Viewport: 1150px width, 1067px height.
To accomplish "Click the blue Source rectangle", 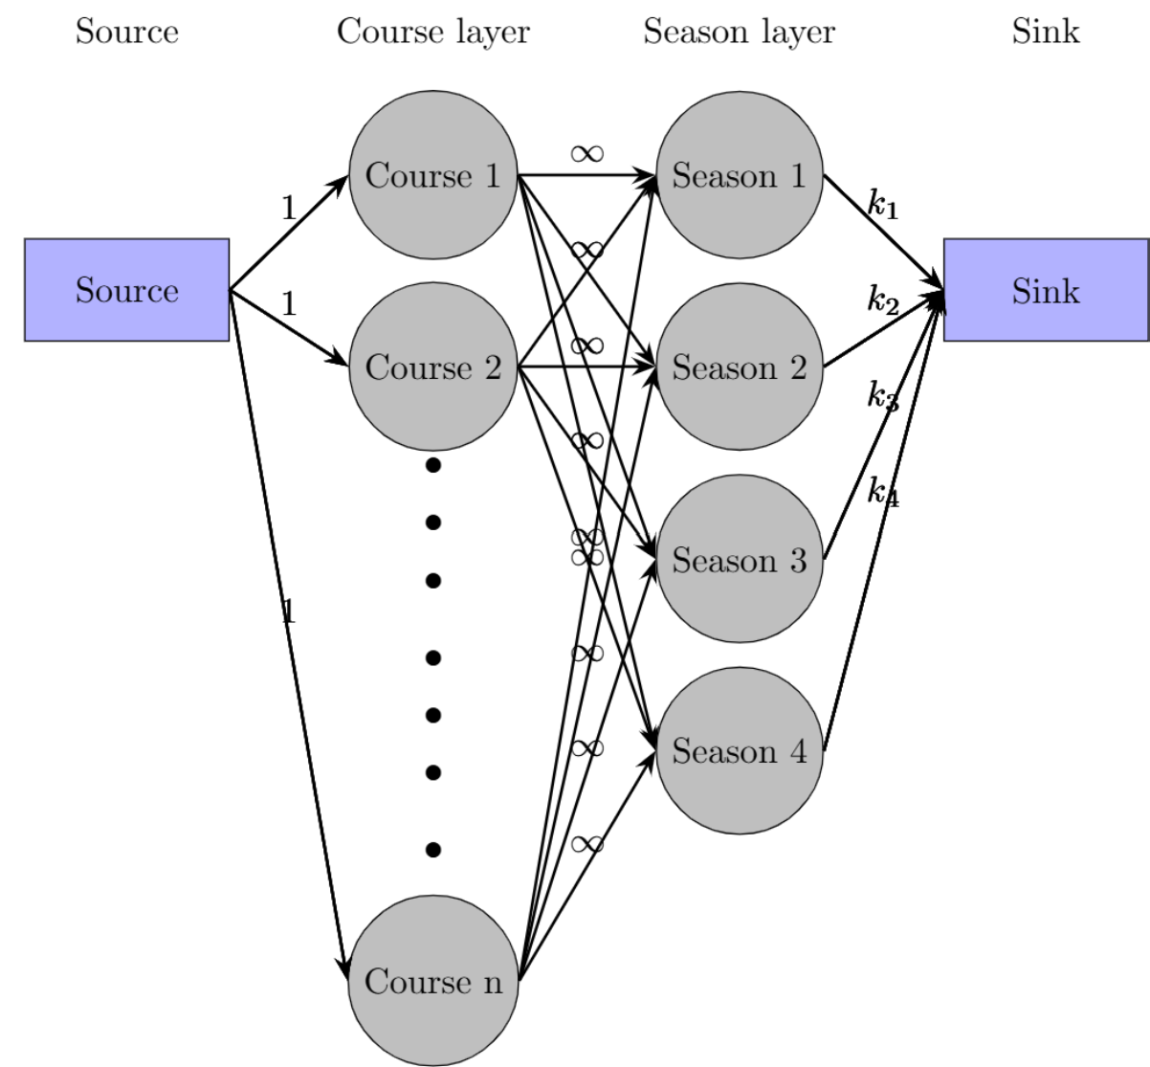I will pyautogui.click(x=126, y=290).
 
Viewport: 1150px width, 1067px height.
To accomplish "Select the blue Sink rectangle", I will pyautogui.click(x=1046, y=290).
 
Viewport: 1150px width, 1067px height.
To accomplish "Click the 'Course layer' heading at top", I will pyautogui.click(x=432, y=32).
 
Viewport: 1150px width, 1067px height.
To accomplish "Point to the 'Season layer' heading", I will pyautogui.click(x=739, y=32).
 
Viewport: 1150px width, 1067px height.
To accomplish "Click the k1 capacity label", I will pyautogui.click(x=883, y=204).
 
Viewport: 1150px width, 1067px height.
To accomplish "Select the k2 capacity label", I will pyautogui.click(x=883, y=300).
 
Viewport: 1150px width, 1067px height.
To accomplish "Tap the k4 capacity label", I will pyautogui.click(x=883, y=492).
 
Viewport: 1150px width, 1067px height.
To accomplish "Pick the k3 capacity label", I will pyautogui.click(x=883, y=395).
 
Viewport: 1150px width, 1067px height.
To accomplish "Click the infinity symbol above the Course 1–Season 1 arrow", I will pyautogui.click(x=586, y=153).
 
